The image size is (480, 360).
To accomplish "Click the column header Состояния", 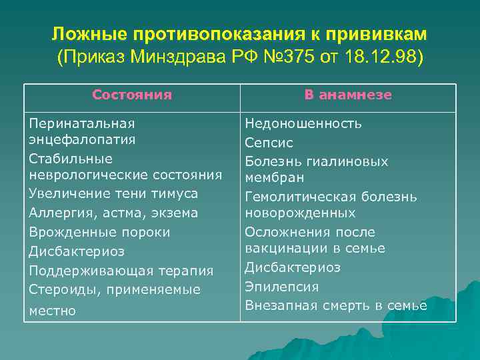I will tap(132, 95).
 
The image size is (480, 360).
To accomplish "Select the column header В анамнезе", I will tap(348, 95).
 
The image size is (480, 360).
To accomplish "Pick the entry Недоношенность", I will tap(303, 123).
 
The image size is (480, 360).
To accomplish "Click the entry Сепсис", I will tap(269, 143).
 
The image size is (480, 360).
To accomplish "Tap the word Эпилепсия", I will tap(282, 287).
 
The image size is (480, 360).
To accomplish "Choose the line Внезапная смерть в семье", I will tap(336, 305).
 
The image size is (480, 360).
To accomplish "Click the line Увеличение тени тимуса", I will tap(113, 193).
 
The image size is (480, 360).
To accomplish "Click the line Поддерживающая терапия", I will tap(121, 271).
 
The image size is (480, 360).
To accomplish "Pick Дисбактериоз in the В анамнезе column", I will tap(293, 267).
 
